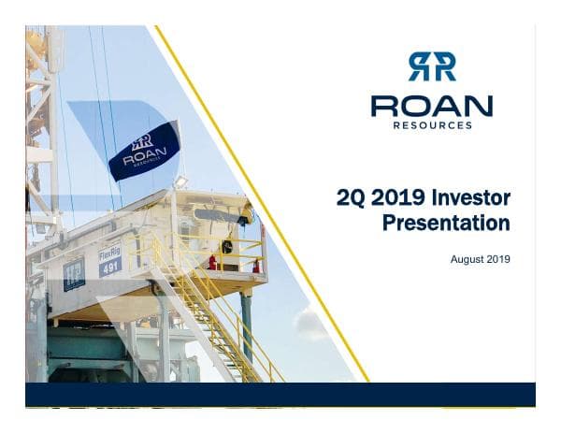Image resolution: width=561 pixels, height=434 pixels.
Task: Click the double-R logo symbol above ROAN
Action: point(431,66)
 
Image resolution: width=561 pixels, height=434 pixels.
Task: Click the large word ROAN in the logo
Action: point(431,105)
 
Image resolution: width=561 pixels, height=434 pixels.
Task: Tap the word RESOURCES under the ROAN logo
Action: point(432,124)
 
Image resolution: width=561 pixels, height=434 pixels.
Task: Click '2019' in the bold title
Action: point(396,197)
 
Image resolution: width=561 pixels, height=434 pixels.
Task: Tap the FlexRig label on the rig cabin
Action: point(109,252)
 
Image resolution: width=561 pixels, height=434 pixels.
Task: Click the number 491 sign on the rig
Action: point(110,266)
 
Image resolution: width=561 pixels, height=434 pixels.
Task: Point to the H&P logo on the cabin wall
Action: point(73,273)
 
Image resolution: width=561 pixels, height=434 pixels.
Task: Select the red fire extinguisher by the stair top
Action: point(213,263)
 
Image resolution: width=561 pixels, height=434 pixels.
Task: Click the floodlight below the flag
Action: point(181,181)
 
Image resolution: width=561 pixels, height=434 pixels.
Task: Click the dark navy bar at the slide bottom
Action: point(280,394)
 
